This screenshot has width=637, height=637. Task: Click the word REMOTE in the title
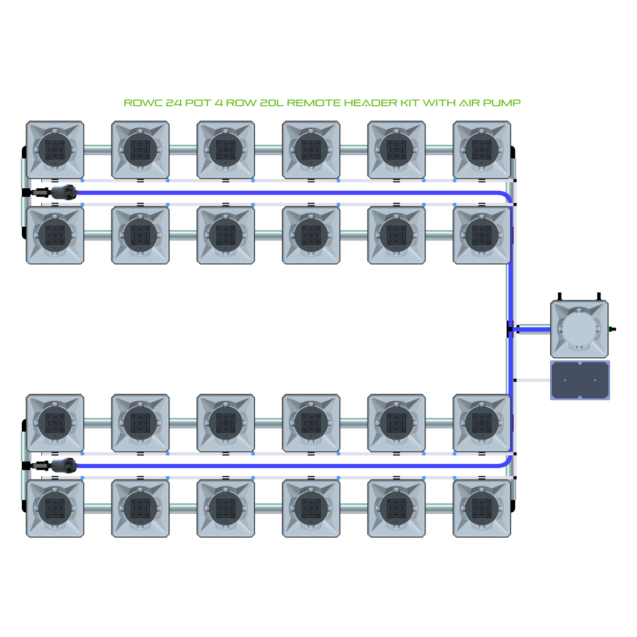[314, 103]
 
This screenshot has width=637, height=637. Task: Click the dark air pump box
[580, 380]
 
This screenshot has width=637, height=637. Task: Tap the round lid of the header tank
[579, 329]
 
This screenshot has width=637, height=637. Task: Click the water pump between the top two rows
[64, 192]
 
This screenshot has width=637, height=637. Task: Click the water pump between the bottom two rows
[64, 465]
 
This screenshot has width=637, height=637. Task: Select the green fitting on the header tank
[609, 329]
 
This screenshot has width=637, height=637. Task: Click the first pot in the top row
[55, 150]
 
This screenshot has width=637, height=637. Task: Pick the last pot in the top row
[481, 150]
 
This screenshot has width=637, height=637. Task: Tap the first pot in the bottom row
[55, 508]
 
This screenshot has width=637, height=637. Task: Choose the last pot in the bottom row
[481, 508]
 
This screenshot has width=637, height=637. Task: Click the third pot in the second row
[225, 235]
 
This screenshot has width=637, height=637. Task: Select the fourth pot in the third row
[311, 423]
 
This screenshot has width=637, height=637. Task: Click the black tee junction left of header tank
[510, 329]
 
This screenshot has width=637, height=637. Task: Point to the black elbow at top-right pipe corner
[513, 152]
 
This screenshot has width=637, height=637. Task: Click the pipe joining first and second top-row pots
[98, 150]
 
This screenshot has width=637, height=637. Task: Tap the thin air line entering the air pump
[533, 380]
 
